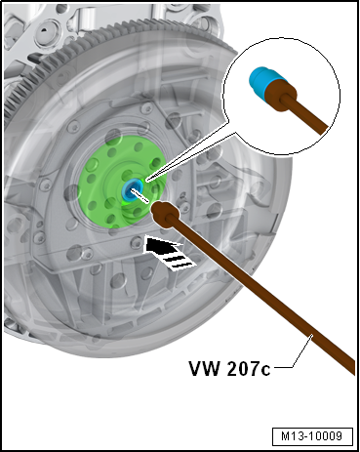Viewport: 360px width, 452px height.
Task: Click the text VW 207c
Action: (x=229, y=368)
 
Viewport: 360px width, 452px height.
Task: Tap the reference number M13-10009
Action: (x=312, y=435)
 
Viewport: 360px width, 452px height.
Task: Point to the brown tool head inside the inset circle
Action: (x=279, y=96)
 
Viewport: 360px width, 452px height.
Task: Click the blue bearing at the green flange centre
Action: (x=133, y=188)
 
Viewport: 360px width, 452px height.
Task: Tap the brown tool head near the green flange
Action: (x=162, y=212)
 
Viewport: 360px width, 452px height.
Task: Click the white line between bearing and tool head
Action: (x=140, y=195)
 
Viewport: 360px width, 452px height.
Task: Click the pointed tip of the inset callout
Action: (x=146, y=179)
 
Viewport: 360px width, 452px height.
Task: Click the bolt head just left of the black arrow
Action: (x=135, y=241)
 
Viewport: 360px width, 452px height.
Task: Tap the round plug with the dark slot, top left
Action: (x=46, y=30)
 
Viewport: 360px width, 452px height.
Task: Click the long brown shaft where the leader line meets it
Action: (x=312, y=335)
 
